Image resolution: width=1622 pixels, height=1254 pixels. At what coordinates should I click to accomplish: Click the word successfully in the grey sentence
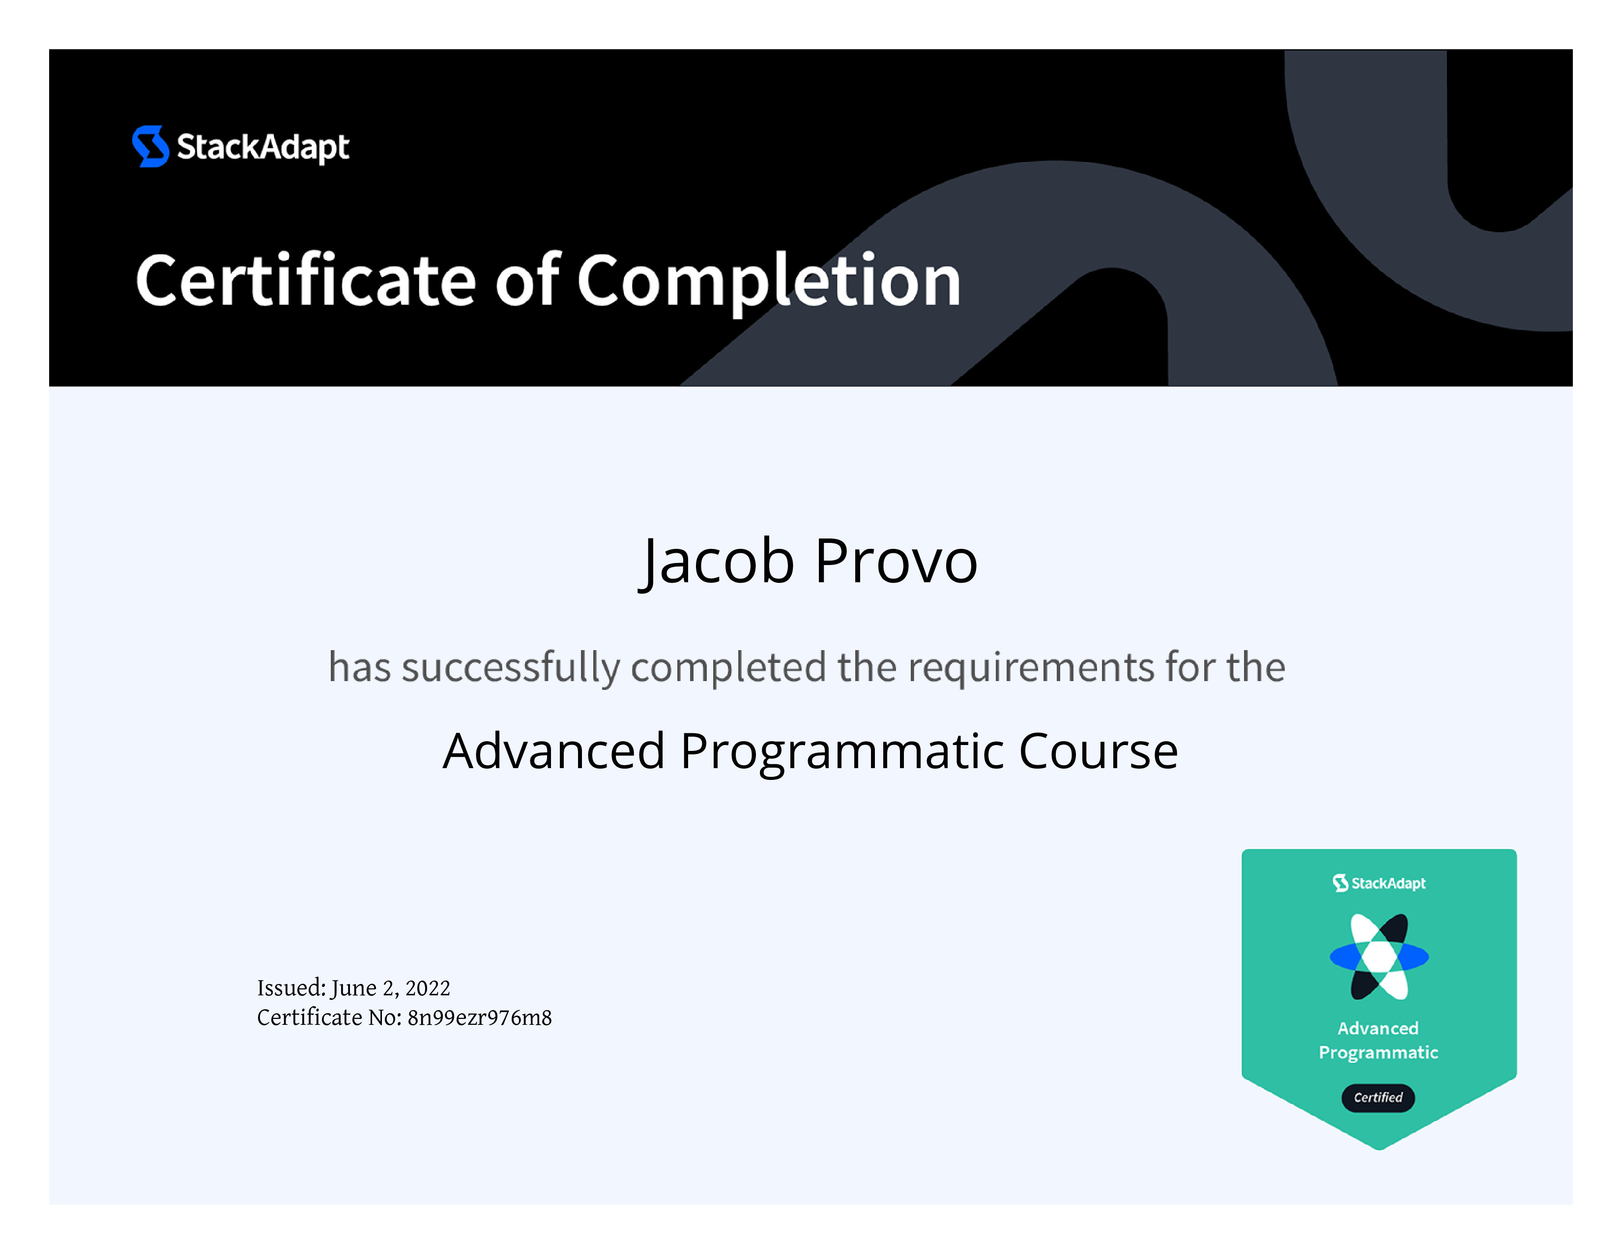coord(511,667)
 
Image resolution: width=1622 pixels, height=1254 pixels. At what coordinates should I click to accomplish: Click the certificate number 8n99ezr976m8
coord(480,1018)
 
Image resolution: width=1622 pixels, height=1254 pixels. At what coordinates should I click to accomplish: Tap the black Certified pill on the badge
coord(1378,1097)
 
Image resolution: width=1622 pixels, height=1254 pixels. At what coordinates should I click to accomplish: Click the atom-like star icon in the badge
coord(1379,957)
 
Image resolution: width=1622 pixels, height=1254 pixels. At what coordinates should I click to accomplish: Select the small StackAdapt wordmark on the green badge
coord(1379,883)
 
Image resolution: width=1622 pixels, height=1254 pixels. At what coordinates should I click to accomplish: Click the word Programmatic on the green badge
coord(1378,1053)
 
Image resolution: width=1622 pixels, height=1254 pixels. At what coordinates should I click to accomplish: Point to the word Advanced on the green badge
coord(1378,1028)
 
